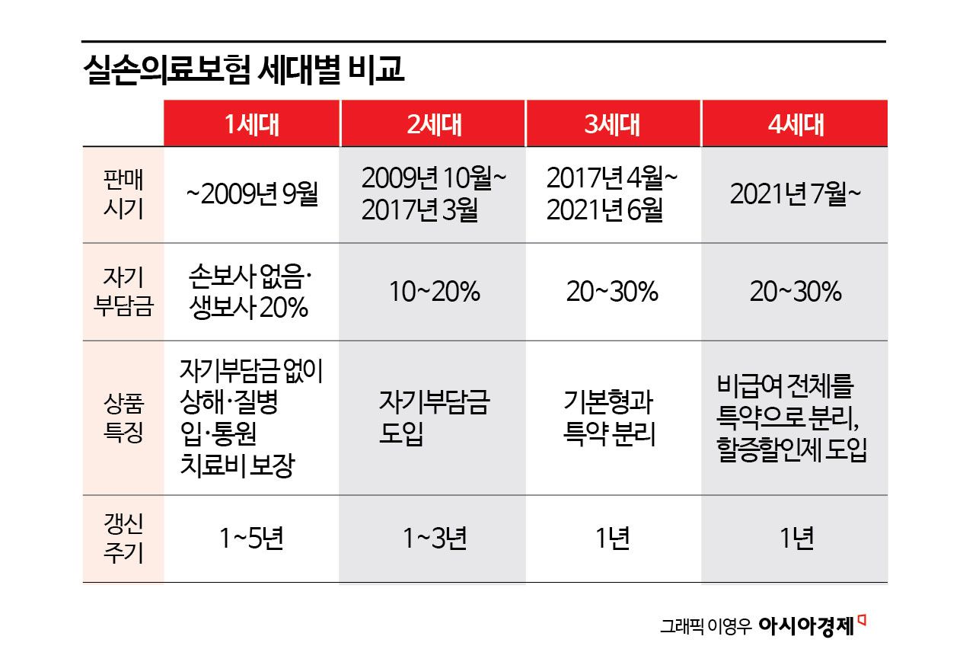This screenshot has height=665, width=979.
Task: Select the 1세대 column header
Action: click(x=251, y=124)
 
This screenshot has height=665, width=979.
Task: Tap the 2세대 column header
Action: click(x=433, y=124)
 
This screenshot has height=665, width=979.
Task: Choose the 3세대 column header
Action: click(x=612, y=124)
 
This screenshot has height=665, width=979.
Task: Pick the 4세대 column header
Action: click(x=796, y=124)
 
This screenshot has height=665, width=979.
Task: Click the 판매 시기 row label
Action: click(x=123, y=195)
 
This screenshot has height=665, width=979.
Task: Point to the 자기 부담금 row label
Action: click(x=123, y=293)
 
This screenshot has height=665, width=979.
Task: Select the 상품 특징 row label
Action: click(x=123, y=418)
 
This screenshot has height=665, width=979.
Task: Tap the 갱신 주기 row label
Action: click(x=123, y=539)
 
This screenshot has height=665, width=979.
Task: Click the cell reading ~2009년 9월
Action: click(x=251, y=195)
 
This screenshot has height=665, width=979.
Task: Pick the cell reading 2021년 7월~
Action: click(x=796, y=195)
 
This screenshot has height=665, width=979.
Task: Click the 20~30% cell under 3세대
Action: click(x=612, y=293)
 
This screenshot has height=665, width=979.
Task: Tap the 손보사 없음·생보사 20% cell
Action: click(x=251, y=293)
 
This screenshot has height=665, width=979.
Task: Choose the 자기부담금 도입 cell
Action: click(x=433, y=418)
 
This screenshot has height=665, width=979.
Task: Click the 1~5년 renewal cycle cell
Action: click(x=251, y=539)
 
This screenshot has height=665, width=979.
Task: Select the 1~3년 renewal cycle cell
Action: click(x=434, y=539)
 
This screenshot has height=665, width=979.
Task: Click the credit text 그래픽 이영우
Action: click(x=705, y=627)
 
